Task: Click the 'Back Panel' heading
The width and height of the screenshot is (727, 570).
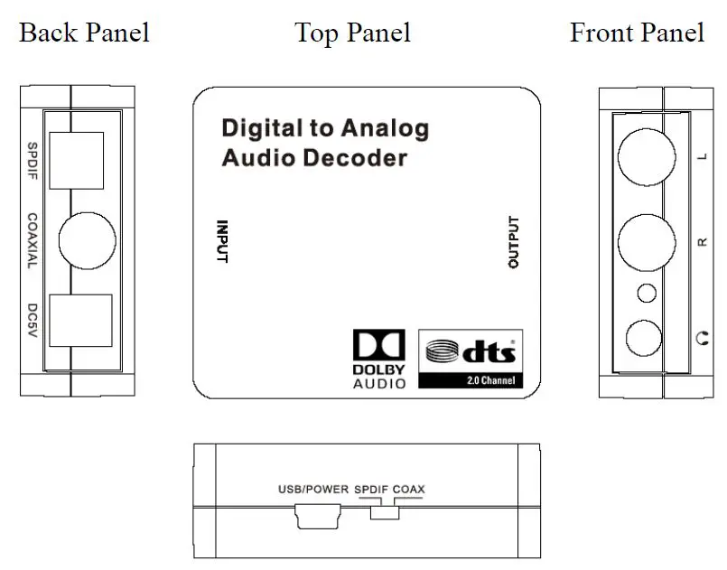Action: click(84, 33)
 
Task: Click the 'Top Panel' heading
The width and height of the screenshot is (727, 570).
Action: click(352, 33)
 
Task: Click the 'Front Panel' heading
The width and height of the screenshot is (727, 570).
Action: click(637, 33)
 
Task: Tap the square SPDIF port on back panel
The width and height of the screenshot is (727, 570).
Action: click(77, 160)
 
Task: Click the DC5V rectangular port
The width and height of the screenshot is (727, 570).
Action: click(79, 321)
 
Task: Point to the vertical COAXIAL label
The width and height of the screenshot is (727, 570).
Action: click(32, 240)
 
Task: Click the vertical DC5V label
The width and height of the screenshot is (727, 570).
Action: click(32, 320)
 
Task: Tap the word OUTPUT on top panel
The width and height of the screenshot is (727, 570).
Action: click(513, 242)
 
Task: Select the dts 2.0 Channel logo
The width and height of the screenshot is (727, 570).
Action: click(471, 359)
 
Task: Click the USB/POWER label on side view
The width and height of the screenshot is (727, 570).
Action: click(312, 490)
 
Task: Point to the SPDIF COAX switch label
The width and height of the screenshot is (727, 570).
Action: click(389, 490)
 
